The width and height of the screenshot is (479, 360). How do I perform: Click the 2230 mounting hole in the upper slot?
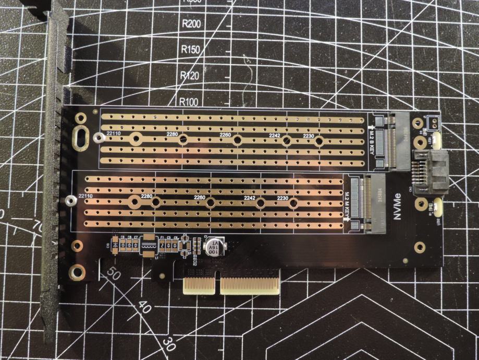[x=319, y=140]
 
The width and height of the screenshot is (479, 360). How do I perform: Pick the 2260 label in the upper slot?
[x=225, y=135]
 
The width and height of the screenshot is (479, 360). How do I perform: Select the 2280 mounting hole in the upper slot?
[x=183, y=139]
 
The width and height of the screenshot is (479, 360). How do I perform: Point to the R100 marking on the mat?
[x=190, y=101]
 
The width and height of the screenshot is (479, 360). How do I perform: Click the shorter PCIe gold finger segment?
[x=201, y=284]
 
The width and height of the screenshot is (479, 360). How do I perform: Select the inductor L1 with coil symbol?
[x=149, y=244]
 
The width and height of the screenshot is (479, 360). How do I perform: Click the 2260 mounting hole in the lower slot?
[x=210, y=202]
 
